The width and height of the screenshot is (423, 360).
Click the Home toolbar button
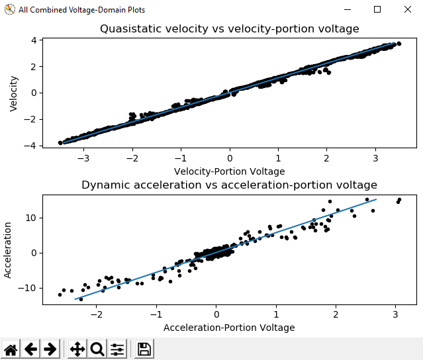tap(11, 349)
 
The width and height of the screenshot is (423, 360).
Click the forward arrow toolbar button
tap(51, 349)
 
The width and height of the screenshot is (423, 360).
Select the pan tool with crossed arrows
tap(77, 349)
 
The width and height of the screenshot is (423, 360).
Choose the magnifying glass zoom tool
tap(97, 349)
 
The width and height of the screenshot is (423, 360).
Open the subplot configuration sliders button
tap(117, 349)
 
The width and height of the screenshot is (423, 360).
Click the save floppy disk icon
tap(144, 349)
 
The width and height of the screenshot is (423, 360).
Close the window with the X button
tap(407, 10)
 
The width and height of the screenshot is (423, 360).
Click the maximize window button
tap(377, 10)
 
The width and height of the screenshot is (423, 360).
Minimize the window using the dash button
tap(347, 10)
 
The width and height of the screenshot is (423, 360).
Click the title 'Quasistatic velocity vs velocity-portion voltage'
tap(229, 29)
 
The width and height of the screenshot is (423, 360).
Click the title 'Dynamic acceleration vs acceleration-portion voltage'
tap(229, 185)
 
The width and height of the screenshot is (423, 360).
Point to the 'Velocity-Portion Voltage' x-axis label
tap(229, 171)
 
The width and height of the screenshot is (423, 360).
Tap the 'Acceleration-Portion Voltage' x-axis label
tap(229, 327)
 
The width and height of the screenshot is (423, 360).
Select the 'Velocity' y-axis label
tap(14, 93)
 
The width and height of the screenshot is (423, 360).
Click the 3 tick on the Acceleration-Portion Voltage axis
tap(396, 315)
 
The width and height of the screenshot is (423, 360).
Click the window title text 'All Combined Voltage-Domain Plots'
tap(81, 10)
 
